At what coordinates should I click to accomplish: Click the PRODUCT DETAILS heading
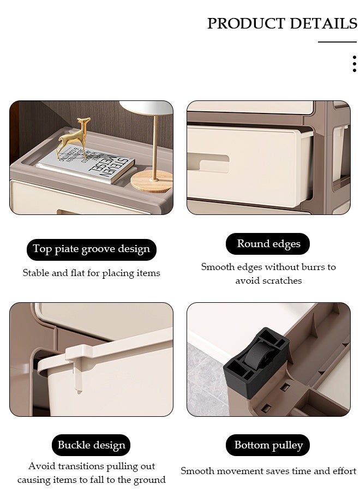282,23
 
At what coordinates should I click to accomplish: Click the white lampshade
146,107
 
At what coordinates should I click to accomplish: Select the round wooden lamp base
152,181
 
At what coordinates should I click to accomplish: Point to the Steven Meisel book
86,164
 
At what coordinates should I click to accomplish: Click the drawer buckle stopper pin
78,376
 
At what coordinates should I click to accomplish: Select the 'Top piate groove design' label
92,249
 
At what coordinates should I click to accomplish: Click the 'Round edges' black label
268,244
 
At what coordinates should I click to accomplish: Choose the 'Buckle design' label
91,445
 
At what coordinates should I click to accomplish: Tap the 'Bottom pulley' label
268,445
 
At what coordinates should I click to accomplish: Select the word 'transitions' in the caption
81,466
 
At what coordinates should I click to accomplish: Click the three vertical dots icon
355,64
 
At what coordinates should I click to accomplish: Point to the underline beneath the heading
338,41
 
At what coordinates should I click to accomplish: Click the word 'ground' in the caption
149,480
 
